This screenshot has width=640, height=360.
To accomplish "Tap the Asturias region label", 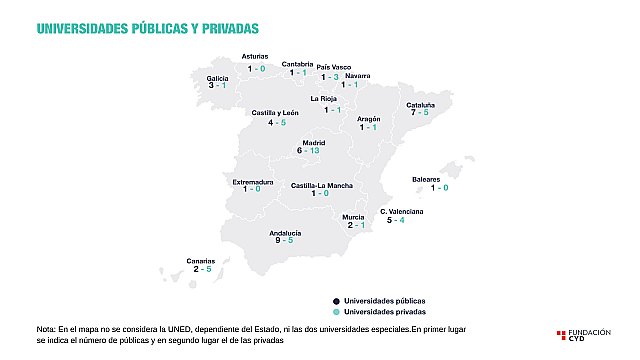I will pos(256,57).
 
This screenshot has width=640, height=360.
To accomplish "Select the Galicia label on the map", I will pos(218,77).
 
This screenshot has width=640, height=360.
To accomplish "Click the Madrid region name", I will pos(314,142).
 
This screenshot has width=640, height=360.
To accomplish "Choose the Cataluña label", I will pos(419,104).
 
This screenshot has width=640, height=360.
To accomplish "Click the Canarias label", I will pos(202,261).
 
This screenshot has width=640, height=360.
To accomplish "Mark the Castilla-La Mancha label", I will pos(320,185).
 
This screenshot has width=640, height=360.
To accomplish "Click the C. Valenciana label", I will pos(402,212).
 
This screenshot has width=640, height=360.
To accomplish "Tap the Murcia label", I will pos(353,217).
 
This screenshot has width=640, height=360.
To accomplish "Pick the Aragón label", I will pos(369,119).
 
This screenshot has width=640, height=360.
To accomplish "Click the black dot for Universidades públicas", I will pos(337,300).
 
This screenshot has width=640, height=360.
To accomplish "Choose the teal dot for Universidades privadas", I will pos(337,312).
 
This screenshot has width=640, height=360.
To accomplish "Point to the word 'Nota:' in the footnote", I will pos(47,328).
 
